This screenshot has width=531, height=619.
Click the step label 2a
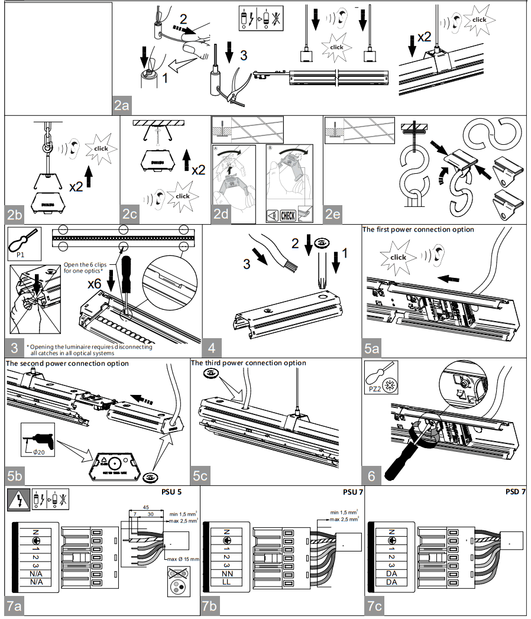point(122,105)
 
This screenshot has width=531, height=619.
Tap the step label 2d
point(221,215)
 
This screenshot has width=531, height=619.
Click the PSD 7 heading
point(515,492)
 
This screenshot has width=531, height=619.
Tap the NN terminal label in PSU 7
point(226,573)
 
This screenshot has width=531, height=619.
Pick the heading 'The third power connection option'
point(248,363)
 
